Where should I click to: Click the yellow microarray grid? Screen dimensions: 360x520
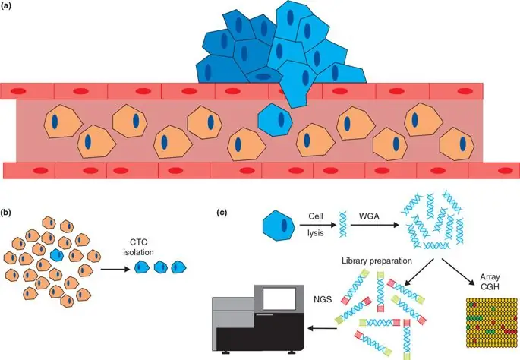click(486, 327)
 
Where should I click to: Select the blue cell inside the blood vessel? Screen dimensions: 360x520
click(275, 121)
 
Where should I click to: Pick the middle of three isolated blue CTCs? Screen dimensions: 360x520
click(160, 267)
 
